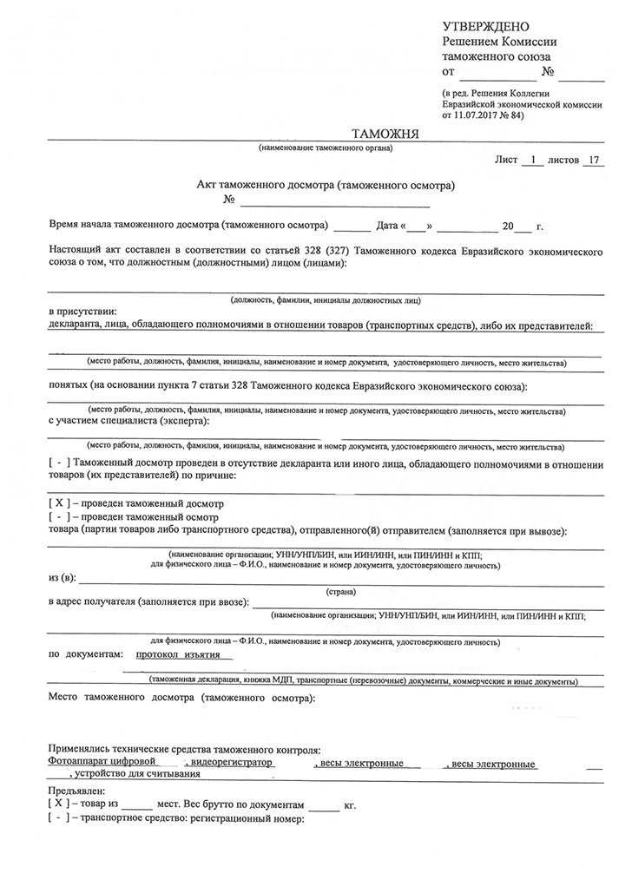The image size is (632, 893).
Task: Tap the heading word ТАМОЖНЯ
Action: pyautogui.click(x=385, y=133)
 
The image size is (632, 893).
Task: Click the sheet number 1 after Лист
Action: pyautogui.click(x=533, y=160)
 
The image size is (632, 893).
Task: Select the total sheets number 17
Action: pyautogui.click(x=594, y=160)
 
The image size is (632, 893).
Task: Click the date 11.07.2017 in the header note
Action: pyautogui.click(x=477, y=114)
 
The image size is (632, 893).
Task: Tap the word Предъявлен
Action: pyautogui.click(x=76, y=791)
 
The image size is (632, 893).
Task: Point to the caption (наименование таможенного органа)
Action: pyautogui.click(x=319, y=148)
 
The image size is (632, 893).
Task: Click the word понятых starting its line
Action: pyautogui.click(x=69, y=384)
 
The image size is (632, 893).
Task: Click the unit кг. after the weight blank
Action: pyautogui.click(x=350, y=805)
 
